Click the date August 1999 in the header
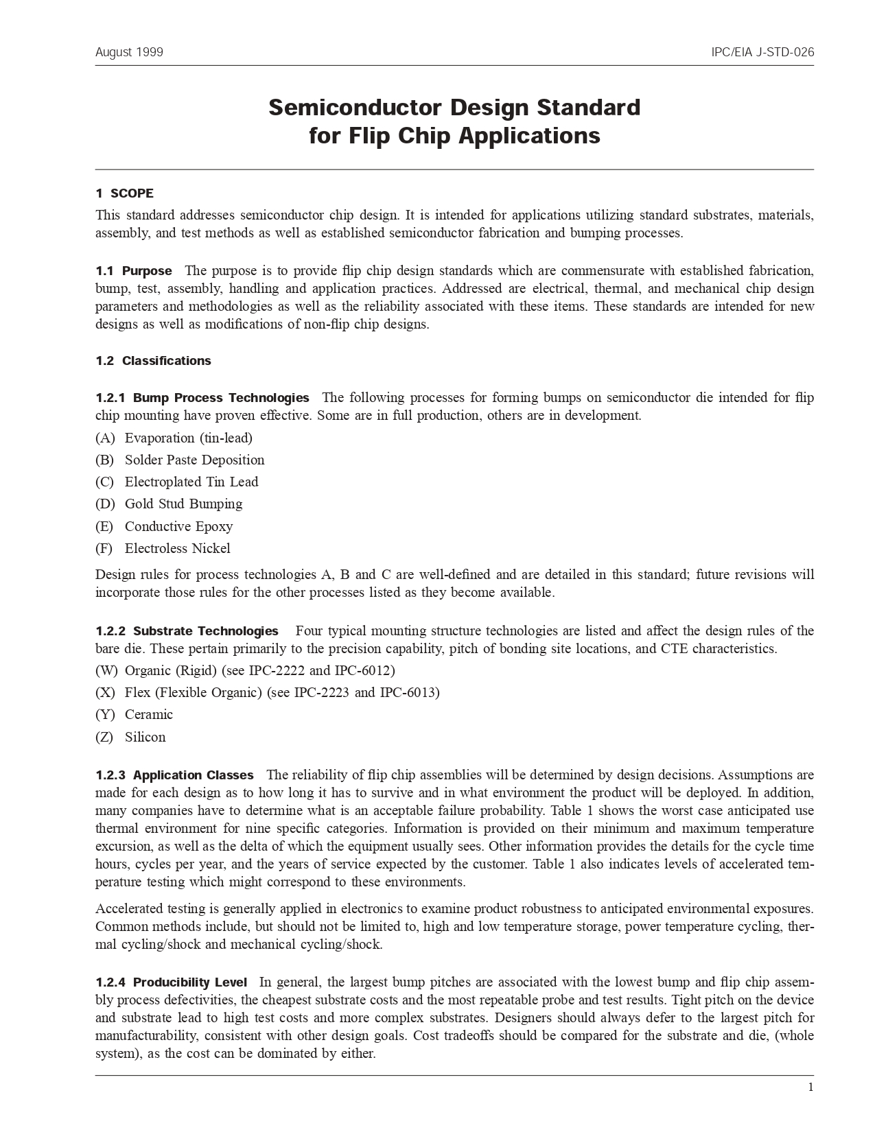(x=129, y=52)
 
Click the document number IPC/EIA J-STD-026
(x=762, y=52)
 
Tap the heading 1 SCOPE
(x=124, y=193)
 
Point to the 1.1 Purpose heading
(x=134, y=271)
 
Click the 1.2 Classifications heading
(x=153, y=361)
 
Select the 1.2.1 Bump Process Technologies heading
(x=202, y=398)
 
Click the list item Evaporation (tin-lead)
(x=188, y=438)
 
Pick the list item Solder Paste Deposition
(x=194, y=460)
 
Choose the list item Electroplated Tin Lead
(x=191, y=482)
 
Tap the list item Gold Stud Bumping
(x=183, y=504)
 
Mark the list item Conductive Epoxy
(x=178, y=526)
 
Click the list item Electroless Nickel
(x=177, y=548)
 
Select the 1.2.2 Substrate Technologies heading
(x=187, y=631)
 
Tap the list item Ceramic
(x=149, y=714)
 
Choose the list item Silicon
(x=145, y=737)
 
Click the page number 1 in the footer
(x=810, y=1087)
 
